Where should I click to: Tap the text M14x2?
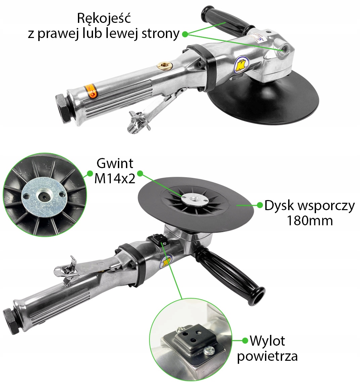pos(115,179)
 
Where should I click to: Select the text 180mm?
pos(309,221)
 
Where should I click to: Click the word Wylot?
pos(267,341)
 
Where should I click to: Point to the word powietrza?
pos(267,356)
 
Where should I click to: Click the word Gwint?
pos(115,163)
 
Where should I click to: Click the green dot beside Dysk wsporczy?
pos(260,205)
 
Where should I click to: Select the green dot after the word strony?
pos(185,33)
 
